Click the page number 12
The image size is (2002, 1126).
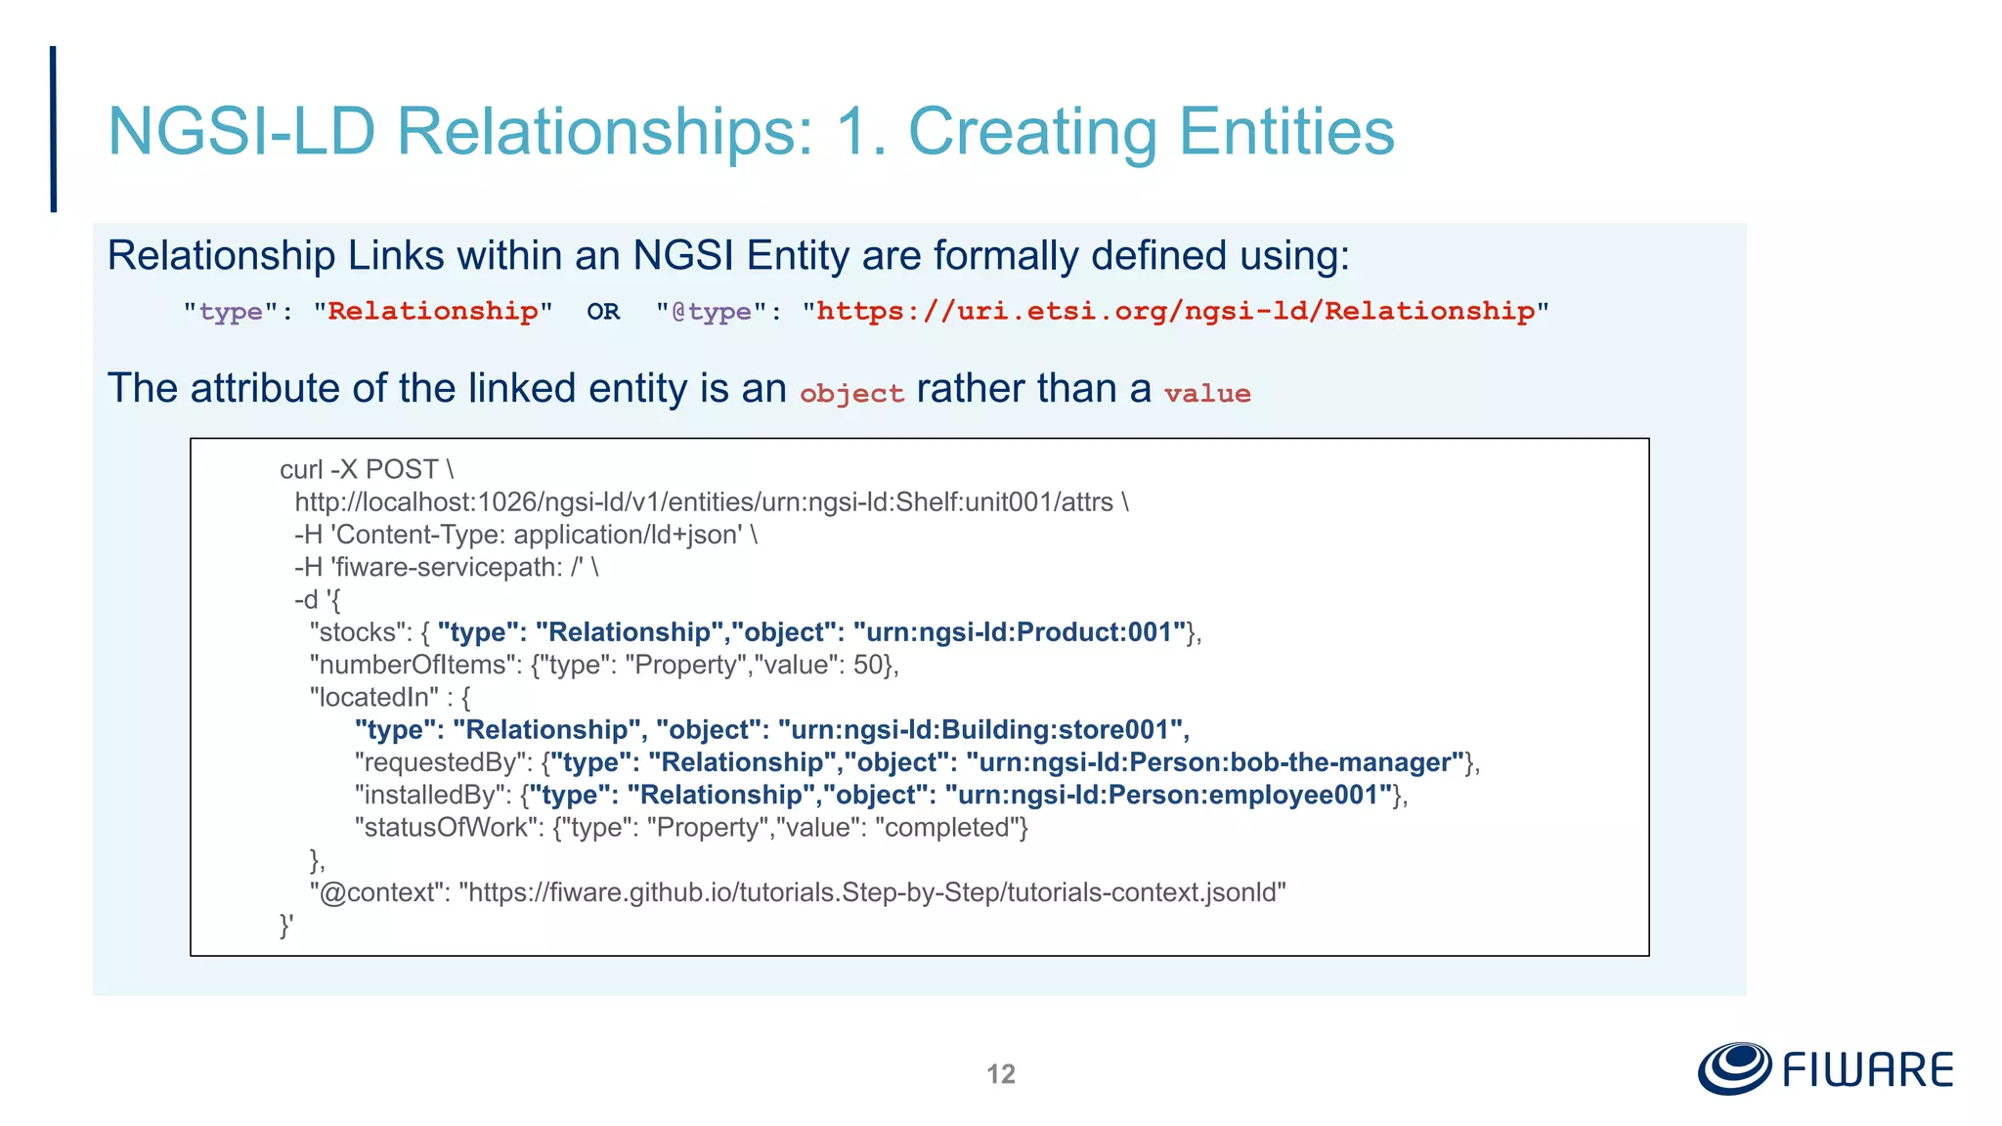point(1001,1074)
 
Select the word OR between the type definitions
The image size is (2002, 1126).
point(603,312)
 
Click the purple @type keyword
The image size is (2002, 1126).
point(712,312)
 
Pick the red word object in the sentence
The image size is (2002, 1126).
point(851,393)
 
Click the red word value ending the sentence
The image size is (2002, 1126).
point(1207,393)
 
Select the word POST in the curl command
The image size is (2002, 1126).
point(402,470)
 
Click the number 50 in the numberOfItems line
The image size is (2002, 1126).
point(868,666)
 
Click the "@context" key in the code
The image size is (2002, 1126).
point(377,893)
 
